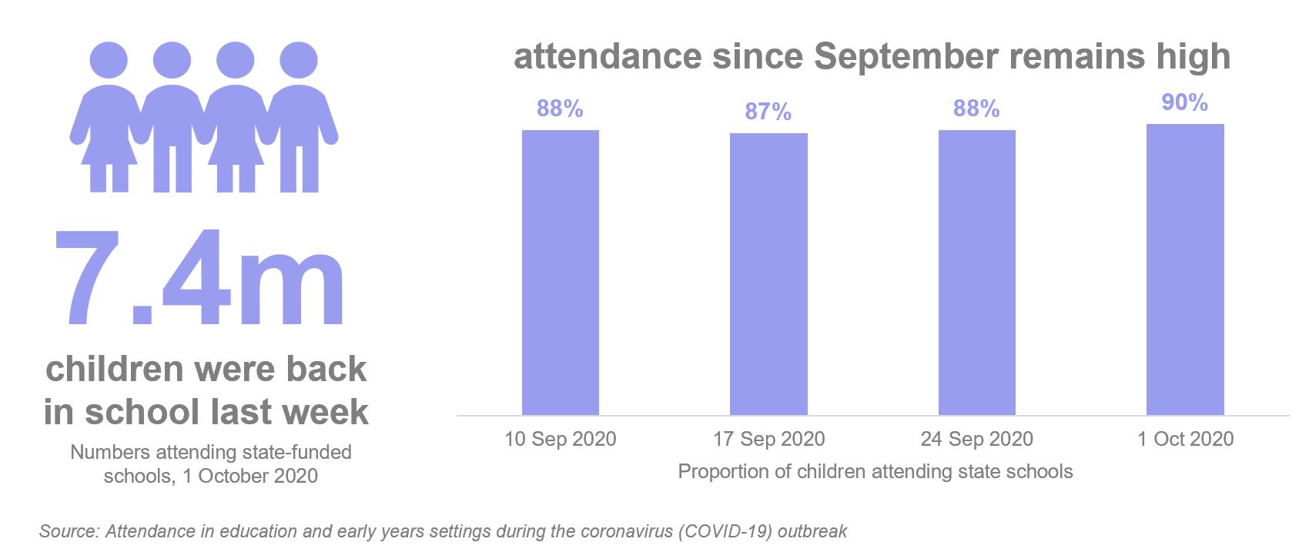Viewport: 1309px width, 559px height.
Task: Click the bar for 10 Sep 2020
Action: pos(560,273)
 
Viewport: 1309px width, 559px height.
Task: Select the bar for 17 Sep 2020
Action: pos(768,275)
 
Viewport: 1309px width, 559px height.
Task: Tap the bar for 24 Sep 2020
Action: pos(976,273)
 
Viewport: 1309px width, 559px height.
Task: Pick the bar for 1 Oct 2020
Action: pos(1185,270)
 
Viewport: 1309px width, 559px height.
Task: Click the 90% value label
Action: pos(1184,102)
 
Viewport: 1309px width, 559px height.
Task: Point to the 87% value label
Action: pos(768,112)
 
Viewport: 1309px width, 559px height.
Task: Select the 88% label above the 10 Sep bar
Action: pos(560,109)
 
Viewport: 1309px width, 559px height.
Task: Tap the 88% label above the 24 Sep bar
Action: pos(976,109)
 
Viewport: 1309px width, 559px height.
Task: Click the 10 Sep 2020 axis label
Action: pos(560,440)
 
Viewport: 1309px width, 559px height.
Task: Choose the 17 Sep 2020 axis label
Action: pos(768,440)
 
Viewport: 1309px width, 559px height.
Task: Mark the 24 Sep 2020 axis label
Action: pos(976,440)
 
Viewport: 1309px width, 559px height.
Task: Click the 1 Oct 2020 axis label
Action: pos(1185,440)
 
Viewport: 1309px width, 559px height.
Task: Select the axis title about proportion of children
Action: pos(875,472)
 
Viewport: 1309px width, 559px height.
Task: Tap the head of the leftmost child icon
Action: pos(109,60)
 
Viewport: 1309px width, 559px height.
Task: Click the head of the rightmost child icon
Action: pos(298,60)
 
